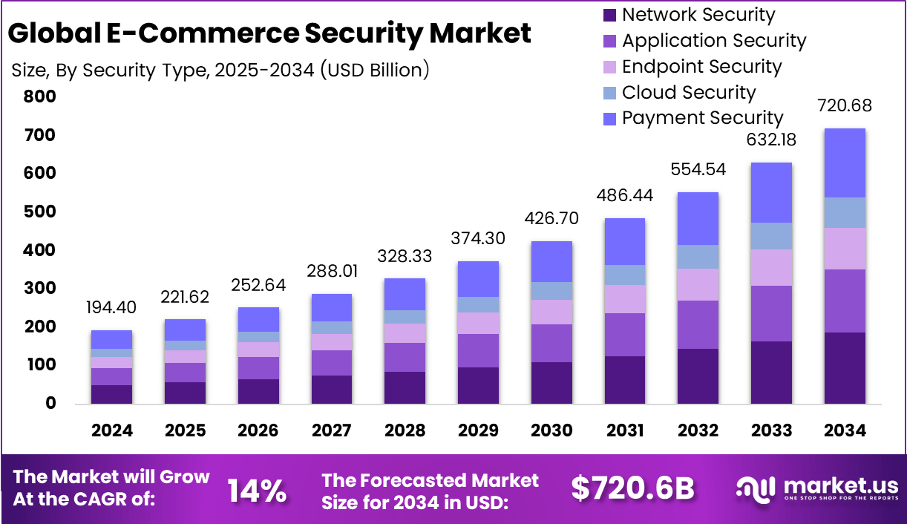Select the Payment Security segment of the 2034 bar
(x=845, y=163)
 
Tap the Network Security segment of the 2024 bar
(x=111, y=394)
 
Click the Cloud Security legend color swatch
(x=610, y=93)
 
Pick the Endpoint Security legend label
(x=701, y=67)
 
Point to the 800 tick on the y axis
(x=40, y=96)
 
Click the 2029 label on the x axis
(x=478, y=430)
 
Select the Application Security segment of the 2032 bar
(x=698, y=324)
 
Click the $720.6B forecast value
(x=632, y=488)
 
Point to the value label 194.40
(x=112, y=307)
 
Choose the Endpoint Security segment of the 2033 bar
(x=771, y=267)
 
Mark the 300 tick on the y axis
(x=40, y=288)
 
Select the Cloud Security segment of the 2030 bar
(x=551, y=291)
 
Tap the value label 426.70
(x=551, y=219)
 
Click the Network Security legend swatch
(x=610, y=15)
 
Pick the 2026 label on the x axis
(x=258, y=430)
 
